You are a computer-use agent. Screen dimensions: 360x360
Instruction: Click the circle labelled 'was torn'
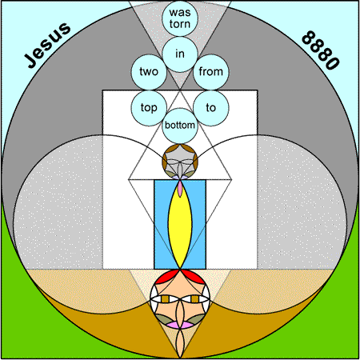tap(180, 18)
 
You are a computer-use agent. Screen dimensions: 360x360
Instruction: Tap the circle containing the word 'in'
tap(180, 54)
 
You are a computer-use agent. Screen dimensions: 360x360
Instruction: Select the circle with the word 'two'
tap(149, 72)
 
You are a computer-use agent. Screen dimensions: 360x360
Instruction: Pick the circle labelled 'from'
tap(211, 72)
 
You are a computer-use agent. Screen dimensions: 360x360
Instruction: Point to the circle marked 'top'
tap(149, 108)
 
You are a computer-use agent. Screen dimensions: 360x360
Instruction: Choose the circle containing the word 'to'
tap(211, 108)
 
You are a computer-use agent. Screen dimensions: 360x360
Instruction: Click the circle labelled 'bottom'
tap(180, 126)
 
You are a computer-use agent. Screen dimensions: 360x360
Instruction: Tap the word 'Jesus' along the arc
tap(47, 45)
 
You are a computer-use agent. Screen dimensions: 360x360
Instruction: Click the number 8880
tap(321, 50)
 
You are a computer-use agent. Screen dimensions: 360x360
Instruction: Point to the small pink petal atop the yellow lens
tap(180, 189)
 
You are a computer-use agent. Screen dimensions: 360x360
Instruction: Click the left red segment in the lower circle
tap(166, 276)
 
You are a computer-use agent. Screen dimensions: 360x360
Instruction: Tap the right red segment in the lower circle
tap(194, 276)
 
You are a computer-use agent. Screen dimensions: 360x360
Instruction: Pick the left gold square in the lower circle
tap(166, 299)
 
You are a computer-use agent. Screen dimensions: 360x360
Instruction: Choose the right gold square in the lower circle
tap(195, 299)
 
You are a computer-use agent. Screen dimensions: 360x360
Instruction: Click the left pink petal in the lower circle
tap(174, 325)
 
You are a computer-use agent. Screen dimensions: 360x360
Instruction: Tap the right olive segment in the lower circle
tap(197, 319)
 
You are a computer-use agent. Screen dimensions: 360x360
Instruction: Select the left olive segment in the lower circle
tap(163, 319)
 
